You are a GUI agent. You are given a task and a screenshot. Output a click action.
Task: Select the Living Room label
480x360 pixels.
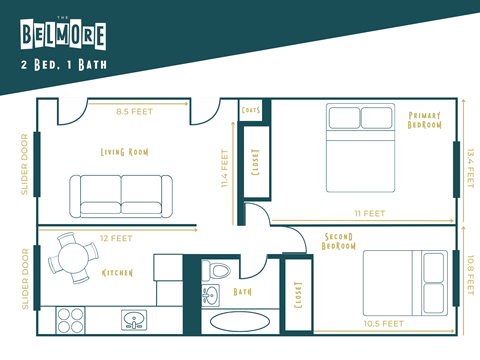click(124, 152)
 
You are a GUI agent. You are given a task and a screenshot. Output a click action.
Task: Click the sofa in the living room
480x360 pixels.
click(119, 194)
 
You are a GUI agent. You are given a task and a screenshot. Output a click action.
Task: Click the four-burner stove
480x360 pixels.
click(69, 320)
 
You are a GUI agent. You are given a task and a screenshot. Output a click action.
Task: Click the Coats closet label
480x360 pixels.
click(251, 111)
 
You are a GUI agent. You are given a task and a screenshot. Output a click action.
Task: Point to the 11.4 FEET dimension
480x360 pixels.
click(226, 169)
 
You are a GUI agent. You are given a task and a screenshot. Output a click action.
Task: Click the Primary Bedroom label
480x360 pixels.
click(425, 127)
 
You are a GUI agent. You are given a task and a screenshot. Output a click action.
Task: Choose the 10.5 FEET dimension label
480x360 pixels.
click(384, 324)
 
